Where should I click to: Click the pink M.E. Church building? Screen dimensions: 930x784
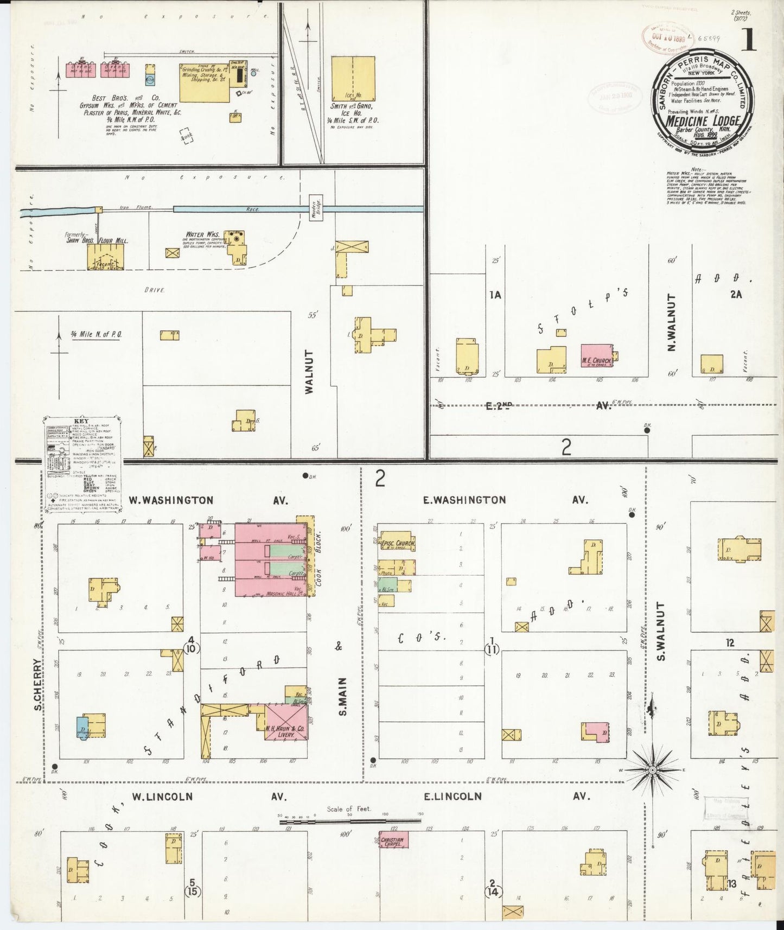(x=597, y=355)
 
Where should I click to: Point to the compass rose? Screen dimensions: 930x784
(x=652, y=770)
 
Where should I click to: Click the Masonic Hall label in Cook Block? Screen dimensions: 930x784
(x=284, y=594)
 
